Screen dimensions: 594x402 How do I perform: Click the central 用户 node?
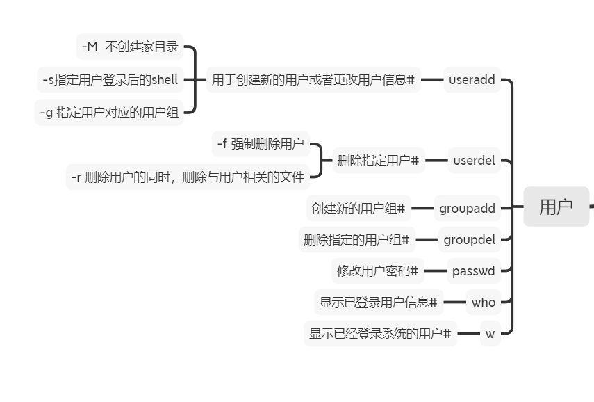tap(556, 207)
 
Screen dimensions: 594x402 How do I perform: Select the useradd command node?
tap(472, 80)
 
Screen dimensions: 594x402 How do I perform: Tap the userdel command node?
tap(474, 161)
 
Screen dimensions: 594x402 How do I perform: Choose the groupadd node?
tap(467, 208)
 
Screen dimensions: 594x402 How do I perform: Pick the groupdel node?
tap(470, 240)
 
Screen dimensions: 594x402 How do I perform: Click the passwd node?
tap(473, 271)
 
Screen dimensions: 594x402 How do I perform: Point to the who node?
tap(483, 303)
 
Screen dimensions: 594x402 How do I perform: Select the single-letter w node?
tap(490, 334)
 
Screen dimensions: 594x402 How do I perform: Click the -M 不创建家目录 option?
tap(130, 47)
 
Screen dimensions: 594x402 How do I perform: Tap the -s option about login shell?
tap(110, 80)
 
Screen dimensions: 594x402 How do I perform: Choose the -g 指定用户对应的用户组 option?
tap(109, 112)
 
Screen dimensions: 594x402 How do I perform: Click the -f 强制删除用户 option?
tap(260, 144)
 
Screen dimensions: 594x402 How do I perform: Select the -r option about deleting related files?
tap(188, 177)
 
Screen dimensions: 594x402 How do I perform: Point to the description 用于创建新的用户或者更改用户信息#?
tap(313, 80)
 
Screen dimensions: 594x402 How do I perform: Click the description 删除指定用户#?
tap(378, 161)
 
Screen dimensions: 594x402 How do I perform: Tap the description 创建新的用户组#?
tap(358, 208)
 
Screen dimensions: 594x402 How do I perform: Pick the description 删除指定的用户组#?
tap(356, 240)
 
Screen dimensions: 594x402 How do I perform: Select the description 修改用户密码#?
tap(377, 271)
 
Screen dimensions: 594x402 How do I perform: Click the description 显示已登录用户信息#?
tap(378, 303)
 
